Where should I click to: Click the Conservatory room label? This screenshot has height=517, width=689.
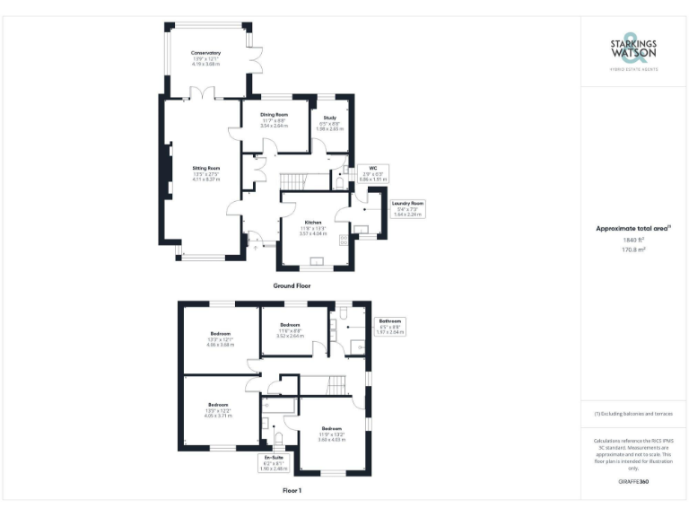205,53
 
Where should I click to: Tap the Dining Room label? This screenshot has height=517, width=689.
274,115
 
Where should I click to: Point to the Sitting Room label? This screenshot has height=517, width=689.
205,168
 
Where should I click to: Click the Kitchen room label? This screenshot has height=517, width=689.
313,222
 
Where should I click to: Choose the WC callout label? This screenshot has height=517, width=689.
371,168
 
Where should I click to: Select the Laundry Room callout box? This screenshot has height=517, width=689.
406,209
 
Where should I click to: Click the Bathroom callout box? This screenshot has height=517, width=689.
389,326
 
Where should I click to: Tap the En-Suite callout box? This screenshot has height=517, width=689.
273,463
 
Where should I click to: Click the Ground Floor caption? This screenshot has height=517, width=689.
292,285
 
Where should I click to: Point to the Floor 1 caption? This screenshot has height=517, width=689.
292,491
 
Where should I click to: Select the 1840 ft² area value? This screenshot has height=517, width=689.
633,240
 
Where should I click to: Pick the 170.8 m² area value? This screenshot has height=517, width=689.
633,250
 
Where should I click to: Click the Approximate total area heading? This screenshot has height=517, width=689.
632,228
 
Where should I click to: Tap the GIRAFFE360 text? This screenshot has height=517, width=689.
633,482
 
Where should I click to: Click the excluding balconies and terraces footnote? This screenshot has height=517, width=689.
633,414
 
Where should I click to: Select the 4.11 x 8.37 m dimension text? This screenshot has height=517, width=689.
205,180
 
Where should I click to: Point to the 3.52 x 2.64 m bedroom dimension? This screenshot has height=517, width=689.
289,336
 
